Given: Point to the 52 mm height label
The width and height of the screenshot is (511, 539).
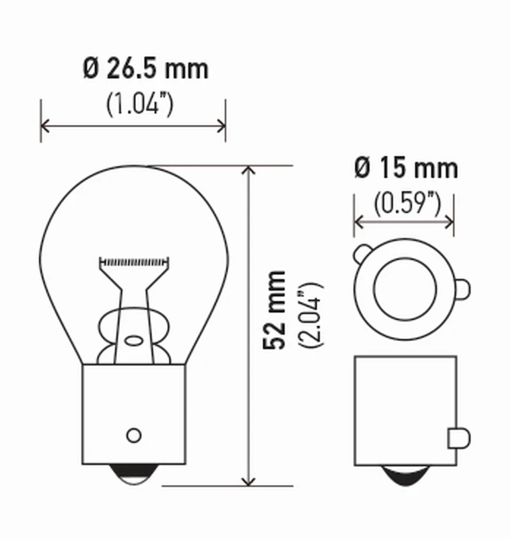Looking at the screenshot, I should pyautogui.click(x=275, y=309).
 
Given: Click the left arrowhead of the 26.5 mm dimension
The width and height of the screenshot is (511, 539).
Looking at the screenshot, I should pyautogui.click(x=46, y=125).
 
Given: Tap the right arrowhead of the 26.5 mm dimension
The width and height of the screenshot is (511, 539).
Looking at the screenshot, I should pyautogui.click(x=220, y=125).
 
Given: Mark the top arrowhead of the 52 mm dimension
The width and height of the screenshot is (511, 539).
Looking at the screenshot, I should pyautogui.click(x=250, y=171).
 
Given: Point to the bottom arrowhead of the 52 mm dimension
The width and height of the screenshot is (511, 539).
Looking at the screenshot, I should pyautogui.click(x=250, y=479).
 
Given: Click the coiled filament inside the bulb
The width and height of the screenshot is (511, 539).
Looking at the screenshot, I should pyautogui.click(x=133, y=260).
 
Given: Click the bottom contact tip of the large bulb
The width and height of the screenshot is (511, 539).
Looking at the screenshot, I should pyautogui.click(x=133, y=474).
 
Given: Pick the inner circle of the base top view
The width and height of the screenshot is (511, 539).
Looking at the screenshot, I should pyautogui.click(x=405, y=289).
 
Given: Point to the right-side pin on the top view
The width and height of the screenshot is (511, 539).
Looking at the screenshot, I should pyautogui.click(x=463, y=288).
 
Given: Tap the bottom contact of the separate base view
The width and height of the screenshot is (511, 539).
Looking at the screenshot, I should pyautogui.click(x=405, y=475).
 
